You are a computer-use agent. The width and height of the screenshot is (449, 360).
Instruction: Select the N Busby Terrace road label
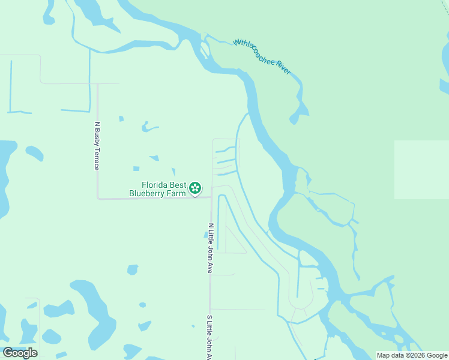97,146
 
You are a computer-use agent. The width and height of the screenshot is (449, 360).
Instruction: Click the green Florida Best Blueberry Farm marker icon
195,188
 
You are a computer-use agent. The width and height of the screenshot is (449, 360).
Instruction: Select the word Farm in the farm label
177,193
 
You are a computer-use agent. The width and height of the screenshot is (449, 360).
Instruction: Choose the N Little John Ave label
211,248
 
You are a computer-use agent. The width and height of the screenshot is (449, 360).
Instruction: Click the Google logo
20,353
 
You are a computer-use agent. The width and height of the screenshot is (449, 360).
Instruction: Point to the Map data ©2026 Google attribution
412,355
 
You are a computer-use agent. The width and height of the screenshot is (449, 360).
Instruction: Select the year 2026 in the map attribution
418,355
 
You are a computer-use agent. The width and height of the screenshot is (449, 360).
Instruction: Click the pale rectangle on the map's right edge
421,169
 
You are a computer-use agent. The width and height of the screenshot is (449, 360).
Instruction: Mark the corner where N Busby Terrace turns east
98,197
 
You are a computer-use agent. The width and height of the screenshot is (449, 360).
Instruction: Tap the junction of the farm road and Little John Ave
211,196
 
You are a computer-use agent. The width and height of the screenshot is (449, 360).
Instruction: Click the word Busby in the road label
97,137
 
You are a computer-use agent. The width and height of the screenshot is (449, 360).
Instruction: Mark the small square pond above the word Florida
136,169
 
